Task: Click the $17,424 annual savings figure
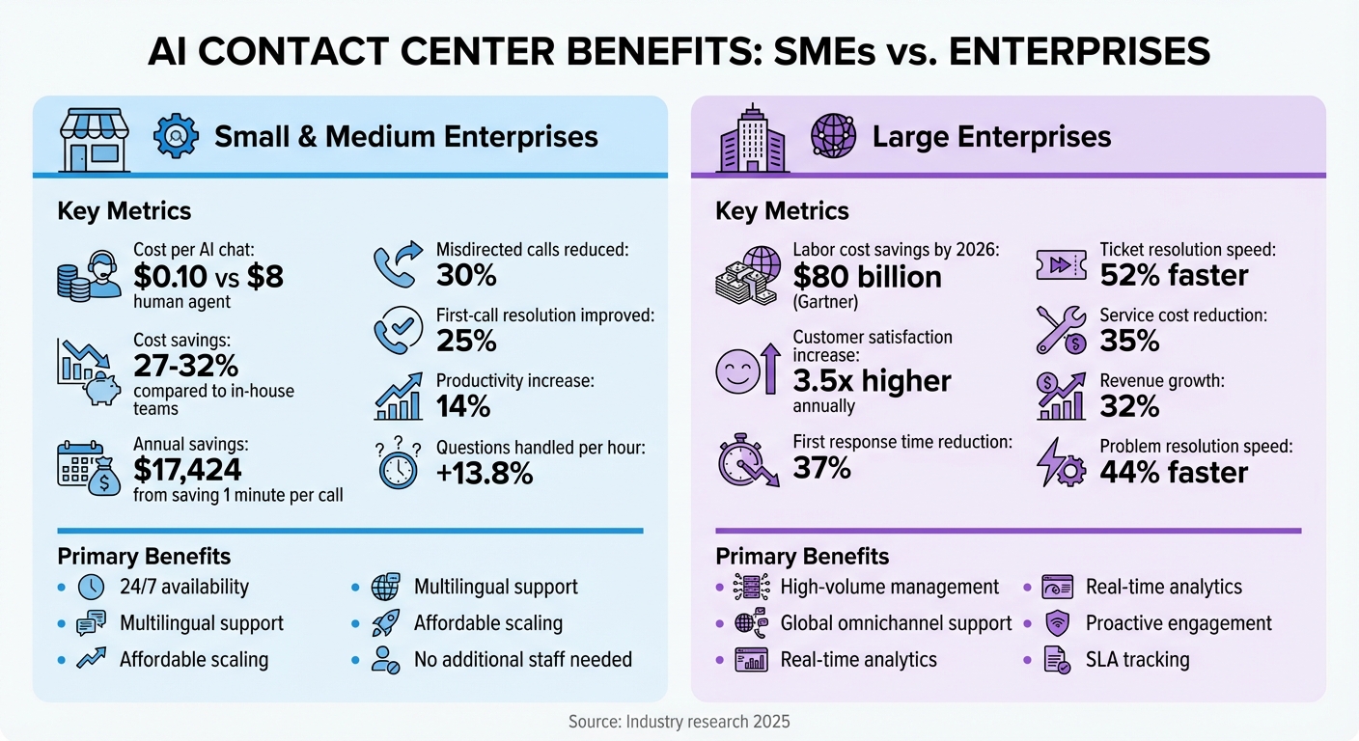point(187,469)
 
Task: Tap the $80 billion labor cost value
point(867,277)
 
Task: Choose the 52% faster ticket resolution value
point(1174,276)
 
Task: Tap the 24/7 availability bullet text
point(184,587)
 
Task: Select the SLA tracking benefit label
point(1137,660)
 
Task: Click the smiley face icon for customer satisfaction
point(736,371)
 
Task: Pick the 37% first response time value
point(821,468)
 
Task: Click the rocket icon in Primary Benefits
point(385,623)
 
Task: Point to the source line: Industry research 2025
point(679,721)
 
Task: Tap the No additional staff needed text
point(523,660)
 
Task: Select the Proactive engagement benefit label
point(1179,623)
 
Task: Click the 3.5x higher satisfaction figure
point(872,381)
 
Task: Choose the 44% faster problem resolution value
point(1174,472)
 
